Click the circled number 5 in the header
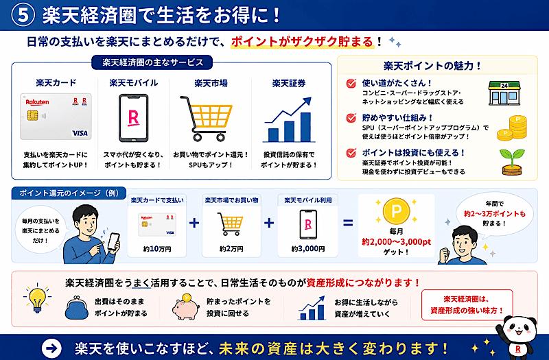coord(23,16)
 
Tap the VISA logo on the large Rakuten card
coord(80,133)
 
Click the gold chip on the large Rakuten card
coord(32,115)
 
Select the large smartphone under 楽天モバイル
coord(133,118)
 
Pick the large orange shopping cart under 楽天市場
coord(207,118)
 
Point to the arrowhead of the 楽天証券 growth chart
coord(307,101)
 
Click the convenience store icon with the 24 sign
coord(504,93)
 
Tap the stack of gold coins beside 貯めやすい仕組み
coord(512,128)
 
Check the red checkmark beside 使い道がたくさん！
coord(351,83)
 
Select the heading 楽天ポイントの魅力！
coord(432,66)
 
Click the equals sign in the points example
coord(348,222)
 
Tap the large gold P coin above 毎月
coord(396,211)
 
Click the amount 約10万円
coord(157,249)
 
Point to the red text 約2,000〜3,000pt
coord(396,242)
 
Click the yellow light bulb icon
coord(37,298)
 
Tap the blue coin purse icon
coord(76,307)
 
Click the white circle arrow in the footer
coord(51,348)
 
